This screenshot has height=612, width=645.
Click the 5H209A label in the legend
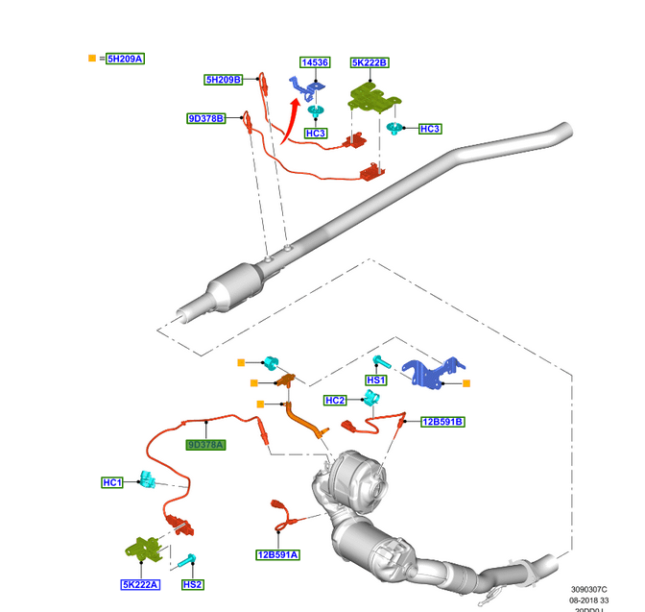pyautogui.click(x=125, y=59)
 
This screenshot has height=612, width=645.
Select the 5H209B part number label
pyautogui.click(x=223, y=80)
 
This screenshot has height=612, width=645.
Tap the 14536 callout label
pyautogui.click(x=314, y=62)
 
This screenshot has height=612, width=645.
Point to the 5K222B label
pyautogui.click(x=370, y=62)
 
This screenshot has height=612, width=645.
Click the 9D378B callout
pyautogui.click(x=205, y=119)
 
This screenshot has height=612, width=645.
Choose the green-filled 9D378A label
pyautogui.click(x=205, y=445)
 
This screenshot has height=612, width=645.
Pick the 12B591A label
pyautogui.click(x=276, y=554)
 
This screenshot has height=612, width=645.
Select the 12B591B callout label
pyautogui.click(x=442, y=421)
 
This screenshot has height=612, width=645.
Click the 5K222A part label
pyautogui.click(x=140, y=584)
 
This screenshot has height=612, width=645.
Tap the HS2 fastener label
pyautogui.click(x=192, y=584)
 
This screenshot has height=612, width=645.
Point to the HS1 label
pyautogui.click(x=375, y=380)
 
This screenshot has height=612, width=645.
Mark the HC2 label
pyautogui.click(x=335, y=401)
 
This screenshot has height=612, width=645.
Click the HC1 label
pyautogui.click(x=112, y=482)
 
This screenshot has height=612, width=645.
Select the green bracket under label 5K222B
pyautogui.click(x=372, y=95)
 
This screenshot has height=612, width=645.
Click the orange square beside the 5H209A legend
pyautogui.click(x=92, y=59)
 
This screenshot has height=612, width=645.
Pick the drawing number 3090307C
pyautogui.click(x=588, y=590)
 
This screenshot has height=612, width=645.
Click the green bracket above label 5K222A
pyautogui.click(x=143, y=548)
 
